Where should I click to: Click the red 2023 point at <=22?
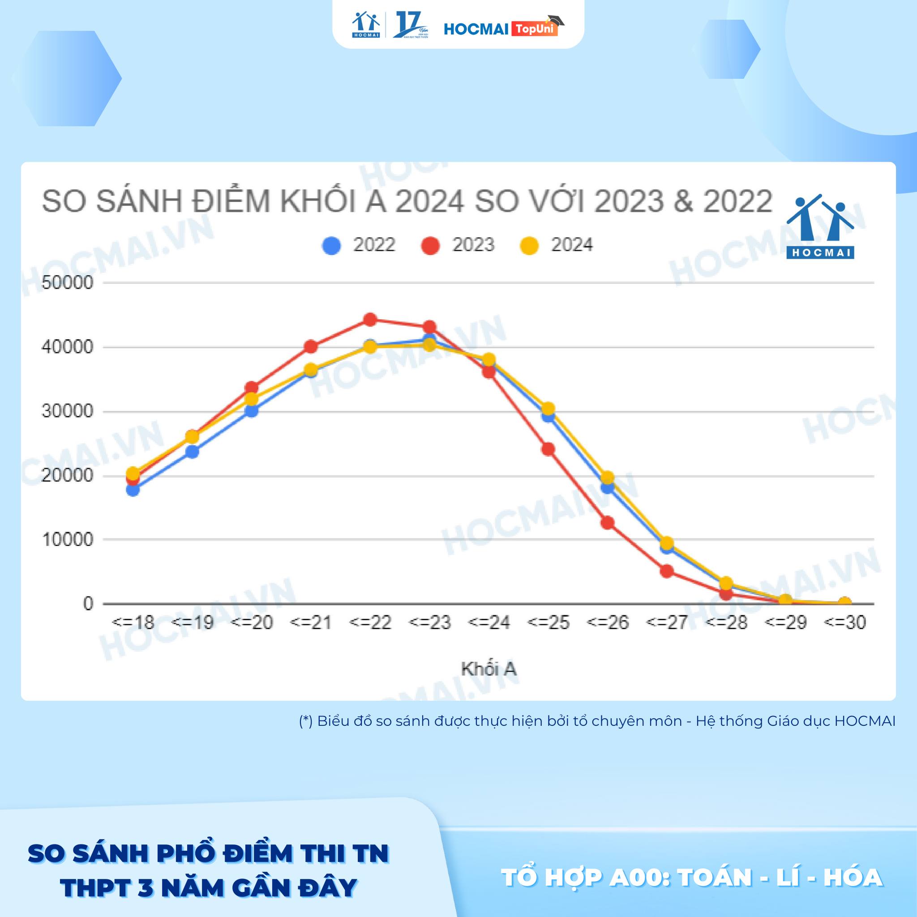pos(370,319)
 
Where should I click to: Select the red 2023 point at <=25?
pos(548,449)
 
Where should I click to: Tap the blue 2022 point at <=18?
pos(133,490)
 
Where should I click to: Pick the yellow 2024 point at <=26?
pos(608,477)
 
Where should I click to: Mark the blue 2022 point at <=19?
pos(192,451)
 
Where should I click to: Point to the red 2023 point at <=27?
pos(667,570)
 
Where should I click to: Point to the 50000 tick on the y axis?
pos(68,283)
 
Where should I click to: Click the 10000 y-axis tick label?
pos(68,540)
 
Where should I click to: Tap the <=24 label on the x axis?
pos(489,622)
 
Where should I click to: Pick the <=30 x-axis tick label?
pos(845,622)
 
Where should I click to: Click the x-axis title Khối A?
pos(488,669)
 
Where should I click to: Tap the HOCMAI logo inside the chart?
pos(820,227)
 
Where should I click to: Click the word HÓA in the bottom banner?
pos(853,878)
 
